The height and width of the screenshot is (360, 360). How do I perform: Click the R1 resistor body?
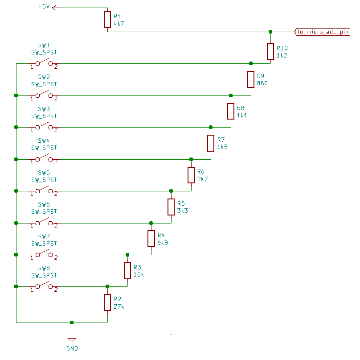coord(107,20)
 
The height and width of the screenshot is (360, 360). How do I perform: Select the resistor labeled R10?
coord(270,51)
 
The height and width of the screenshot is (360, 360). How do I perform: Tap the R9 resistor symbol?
coord(250,79)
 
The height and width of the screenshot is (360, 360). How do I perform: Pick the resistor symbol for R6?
coord(191,175)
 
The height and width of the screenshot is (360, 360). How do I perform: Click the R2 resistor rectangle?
coord(107,302)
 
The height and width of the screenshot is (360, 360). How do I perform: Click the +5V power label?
coord(45,7)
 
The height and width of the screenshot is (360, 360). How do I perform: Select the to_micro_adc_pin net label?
coord(323,32)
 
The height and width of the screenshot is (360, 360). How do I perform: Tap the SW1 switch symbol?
coord(44,63)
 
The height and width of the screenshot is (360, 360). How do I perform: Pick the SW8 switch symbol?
coord(44,286)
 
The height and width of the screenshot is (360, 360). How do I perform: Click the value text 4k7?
coord(119,23)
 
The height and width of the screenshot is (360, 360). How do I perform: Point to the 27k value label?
coord(119,306)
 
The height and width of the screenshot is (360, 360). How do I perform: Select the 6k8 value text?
coord(163,243)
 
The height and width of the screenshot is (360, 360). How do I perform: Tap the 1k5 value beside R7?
coord(222,147)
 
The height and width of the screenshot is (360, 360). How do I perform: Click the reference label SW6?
coord(44,205)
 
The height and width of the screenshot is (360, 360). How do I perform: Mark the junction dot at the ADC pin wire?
coord(270,32)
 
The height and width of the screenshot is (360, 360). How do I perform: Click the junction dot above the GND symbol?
coord(72,322)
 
